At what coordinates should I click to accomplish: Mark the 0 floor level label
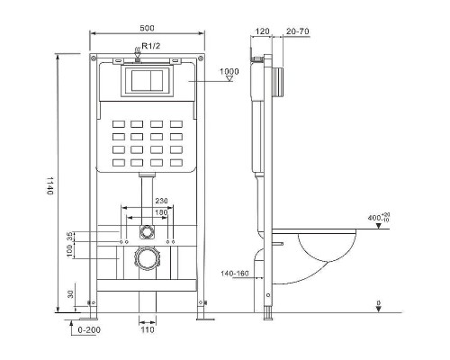[379, 302]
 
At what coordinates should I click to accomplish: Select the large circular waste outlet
[145, 262]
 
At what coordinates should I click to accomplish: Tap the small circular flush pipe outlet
[145, 231]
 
